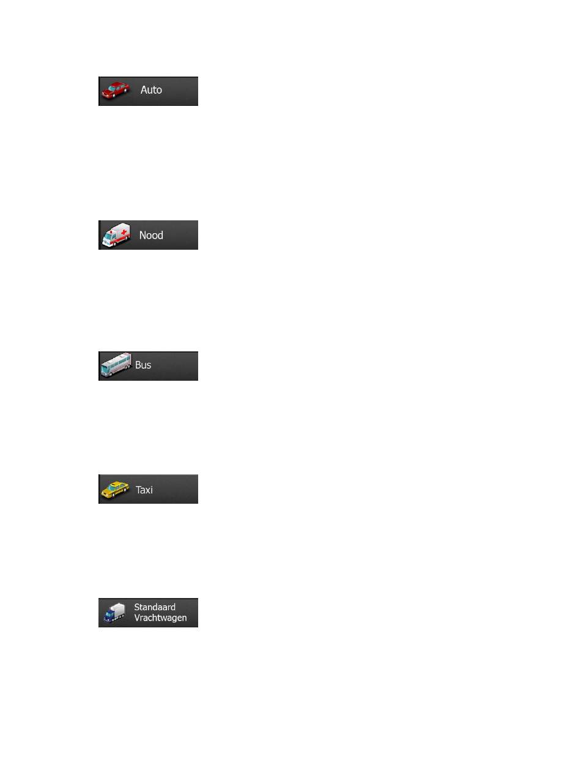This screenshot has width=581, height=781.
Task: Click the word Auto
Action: click(151, 90)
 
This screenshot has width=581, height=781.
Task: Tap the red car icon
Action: click(116, 90)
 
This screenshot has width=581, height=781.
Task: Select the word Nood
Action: click(151, 235)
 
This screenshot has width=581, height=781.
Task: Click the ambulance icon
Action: click(116, 234)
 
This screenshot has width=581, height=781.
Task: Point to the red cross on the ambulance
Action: click(124, 233)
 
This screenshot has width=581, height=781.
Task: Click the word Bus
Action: click(143, 365)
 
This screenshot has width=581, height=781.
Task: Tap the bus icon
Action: click(116, 365)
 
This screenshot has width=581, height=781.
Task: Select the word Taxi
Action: click(144, 490)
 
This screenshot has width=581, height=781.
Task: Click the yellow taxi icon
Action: click(115, 490)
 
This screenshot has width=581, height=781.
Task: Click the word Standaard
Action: click(155, 607)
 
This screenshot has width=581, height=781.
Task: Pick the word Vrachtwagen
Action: click(160, 618)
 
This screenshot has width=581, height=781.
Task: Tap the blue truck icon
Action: click(114, 613)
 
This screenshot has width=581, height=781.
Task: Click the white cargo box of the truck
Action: click(119, 610)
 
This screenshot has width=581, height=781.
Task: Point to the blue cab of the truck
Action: click(109, 616)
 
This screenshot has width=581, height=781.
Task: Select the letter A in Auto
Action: click(144, 90)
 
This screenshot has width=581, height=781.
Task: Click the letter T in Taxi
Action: click(139, 490)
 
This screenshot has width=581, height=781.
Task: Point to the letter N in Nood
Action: click(142, 235)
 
